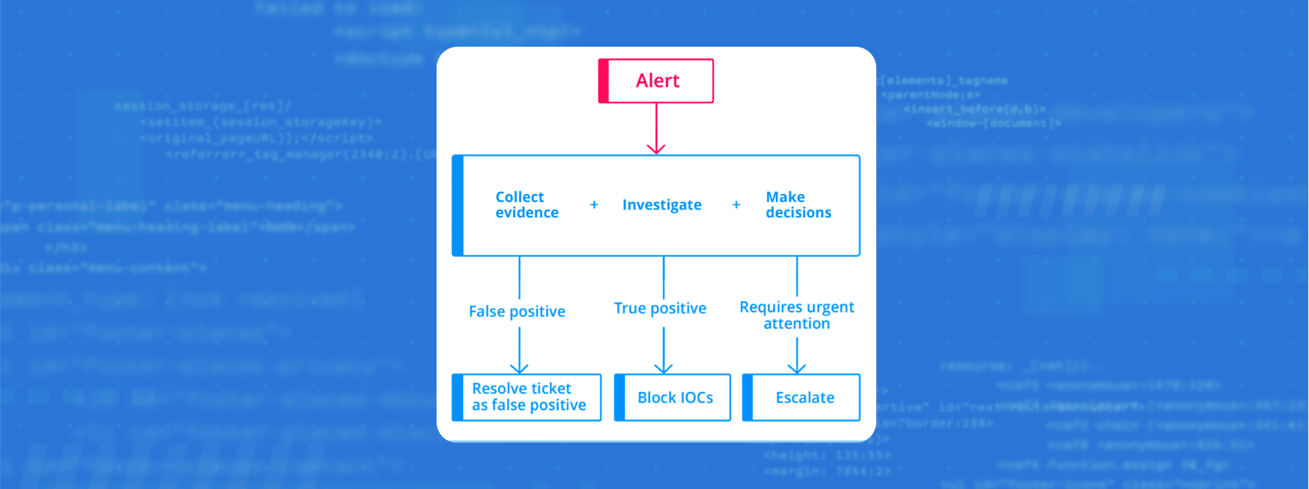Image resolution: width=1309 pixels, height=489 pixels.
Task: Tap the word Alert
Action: click(657, 81)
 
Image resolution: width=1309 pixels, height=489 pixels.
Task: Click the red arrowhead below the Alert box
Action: click(656, 148)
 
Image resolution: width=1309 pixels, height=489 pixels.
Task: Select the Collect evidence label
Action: click(526, 205)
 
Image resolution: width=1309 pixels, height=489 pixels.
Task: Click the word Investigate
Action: click(661, 205)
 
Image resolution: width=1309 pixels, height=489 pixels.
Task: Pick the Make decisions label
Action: click(798, 205)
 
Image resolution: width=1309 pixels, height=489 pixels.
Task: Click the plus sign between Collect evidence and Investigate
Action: click(594, 205)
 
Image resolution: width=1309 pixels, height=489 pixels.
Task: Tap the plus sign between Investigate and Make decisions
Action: click(736, 205)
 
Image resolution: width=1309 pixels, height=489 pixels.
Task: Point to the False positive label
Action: click(517, 312)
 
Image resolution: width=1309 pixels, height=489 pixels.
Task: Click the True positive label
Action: click(660, 309)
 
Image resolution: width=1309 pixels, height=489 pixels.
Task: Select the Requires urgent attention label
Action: click(796, 315)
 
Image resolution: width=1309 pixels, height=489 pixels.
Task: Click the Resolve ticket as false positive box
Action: click(527, 397)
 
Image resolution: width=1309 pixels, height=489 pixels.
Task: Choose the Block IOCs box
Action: click(672, 398)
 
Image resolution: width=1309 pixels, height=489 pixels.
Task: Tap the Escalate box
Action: click(802, 398)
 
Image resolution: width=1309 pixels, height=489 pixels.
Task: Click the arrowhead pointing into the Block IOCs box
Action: click(664, 368)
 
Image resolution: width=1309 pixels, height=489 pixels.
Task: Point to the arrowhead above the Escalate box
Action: click(797, 368)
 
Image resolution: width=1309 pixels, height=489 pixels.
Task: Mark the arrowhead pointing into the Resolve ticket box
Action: click(519, 368)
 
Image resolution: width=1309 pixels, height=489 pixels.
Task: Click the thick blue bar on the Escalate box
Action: click(747, 398)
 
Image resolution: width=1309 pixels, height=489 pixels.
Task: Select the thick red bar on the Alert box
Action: click(603, 81)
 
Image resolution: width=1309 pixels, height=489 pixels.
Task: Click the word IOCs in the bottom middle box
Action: click(696, 398)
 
